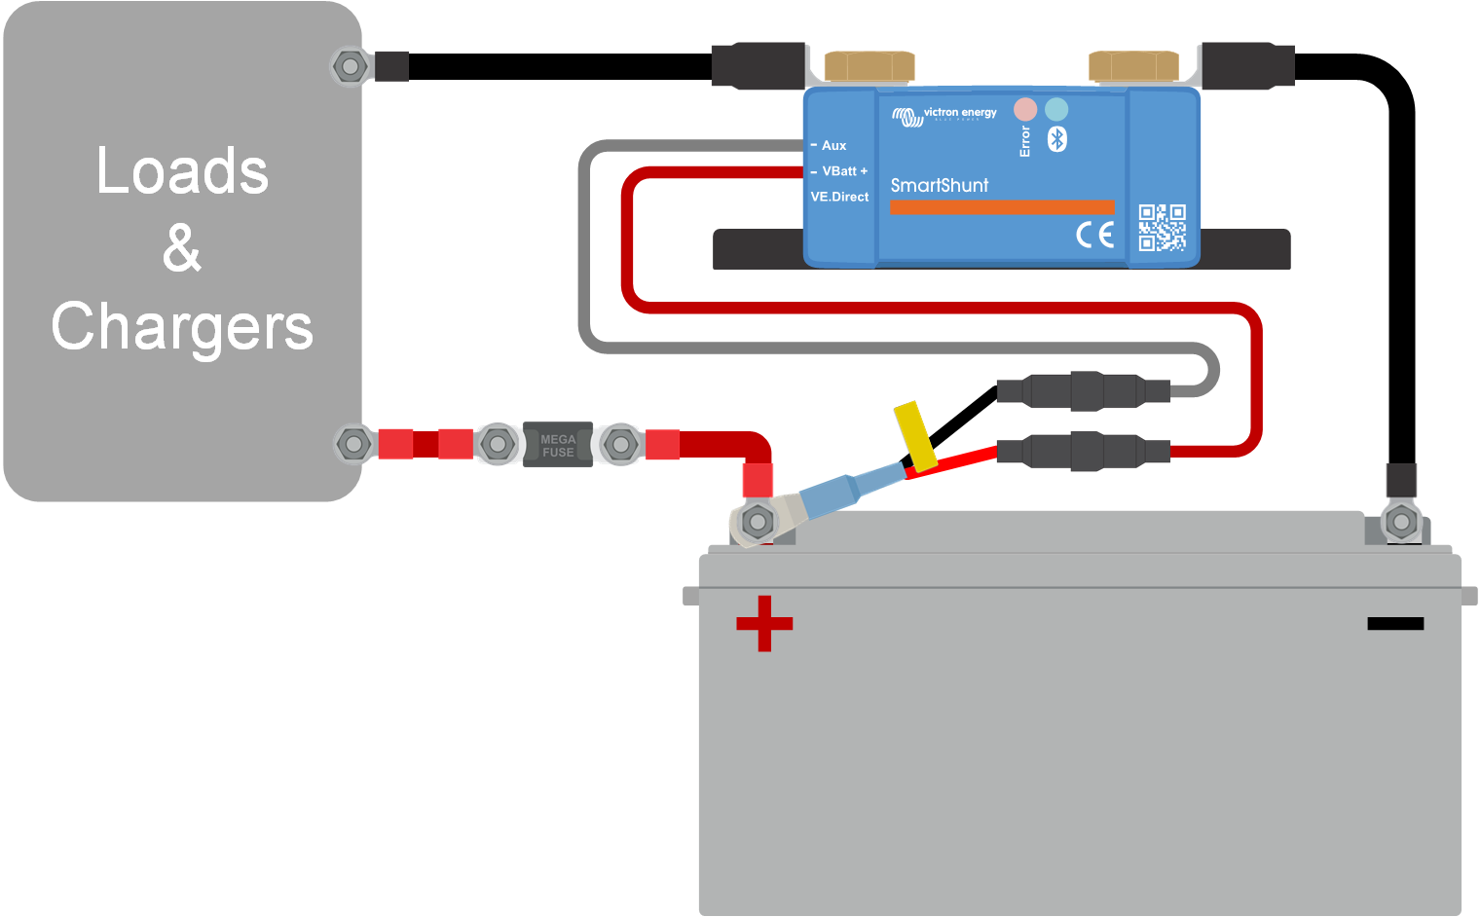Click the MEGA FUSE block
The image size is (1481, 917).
tap(558, 445)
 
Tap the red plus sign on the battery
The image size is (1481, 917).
tap(764, 623)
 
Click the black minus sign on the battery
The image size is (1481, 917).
tap(1395, 623)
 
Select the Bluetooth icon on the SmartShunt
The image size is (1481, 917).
tap(1057, 139)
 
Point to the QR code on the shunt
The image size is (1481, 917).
tap(1163, 228)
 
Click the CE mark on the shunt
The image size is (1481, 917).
tap(1095, 235)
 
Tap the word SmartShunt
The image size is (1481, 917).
tap(940, 185)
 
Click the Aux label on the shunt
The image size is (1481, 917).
tap(833, 146)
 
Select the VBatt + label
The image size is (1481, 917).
tap(844, 171)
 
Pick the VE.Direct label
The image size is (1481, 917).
tap(839, 197)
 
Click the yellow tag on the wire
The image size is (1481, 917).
tap(915, 436)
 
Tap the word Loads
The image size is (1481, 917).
tap(182, 171)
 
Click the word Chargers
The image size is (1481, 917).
tap(182, 327)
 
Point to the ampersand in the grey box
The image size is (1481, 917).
tap(182, 248)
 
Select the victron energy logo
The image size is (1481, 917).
tap(944, 116)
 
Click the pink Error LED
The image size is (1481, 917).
tap(1025, 108)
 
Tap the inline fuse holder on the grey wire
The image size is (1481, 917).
tap(1084, 391)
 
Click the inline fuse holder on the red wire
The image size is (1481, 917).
tap(1084, 452)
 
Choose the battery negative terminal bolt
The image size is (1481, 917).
tap(1401, 523)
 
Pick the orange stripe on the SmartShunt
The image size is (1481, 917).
tap(1002, 207)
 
